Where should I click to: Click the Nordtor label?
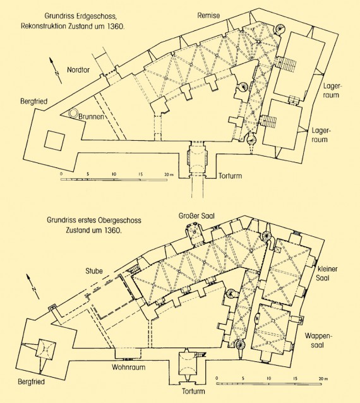[x=78, y=69]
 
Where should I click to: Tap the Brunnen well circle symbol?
[x=74, y=113]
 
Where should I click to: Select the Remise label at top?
[x=208, y=15]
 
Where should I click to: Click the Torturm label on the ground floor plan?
[x=231, y=176]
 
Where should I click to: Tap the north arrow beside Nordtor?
[x=56, y=70]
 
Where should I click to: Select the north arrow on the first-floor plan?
[x=33, y=286]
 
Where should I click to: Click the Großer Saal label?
[x=196, y=216]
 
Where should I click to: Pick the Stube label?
[x=94, y=271]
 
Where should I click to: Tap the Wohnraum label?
[x=128, y=367]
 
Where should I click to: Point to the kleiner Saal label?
[x=327, y=274]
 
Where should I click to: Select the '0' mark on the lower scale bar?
[x=217, y=378]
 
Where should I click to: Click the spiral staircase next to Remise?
[x=280, y=29]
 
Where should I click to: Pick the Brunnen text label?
[x=91, y=116]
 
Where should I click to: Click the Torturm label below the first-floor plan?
[x=193, y=392]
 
